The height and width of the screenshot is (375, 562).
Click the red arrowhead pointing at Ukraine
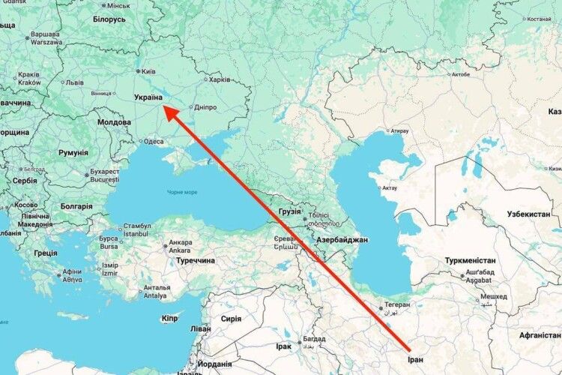pos(172,114)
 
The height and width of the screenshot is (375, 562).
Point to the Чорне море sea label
pos(182,193)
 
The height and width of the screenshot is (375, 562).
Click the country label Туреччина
pos(194,260)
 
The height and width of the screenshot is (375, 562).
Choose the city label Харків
pos(219,79)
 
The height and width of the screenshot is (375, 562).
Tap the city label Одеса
pos(153,141)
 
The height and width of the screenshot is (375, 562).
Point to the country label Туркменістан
pos(470,261)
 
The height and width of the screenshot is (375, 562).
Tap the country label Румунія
pos(73,153)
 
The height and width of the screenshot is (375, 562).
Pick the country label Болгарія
pos(76,206)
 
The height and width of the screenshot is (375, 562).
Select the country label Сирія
pos(231,319)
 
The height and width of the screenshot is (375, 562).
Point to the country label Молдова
pos(115,121)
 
